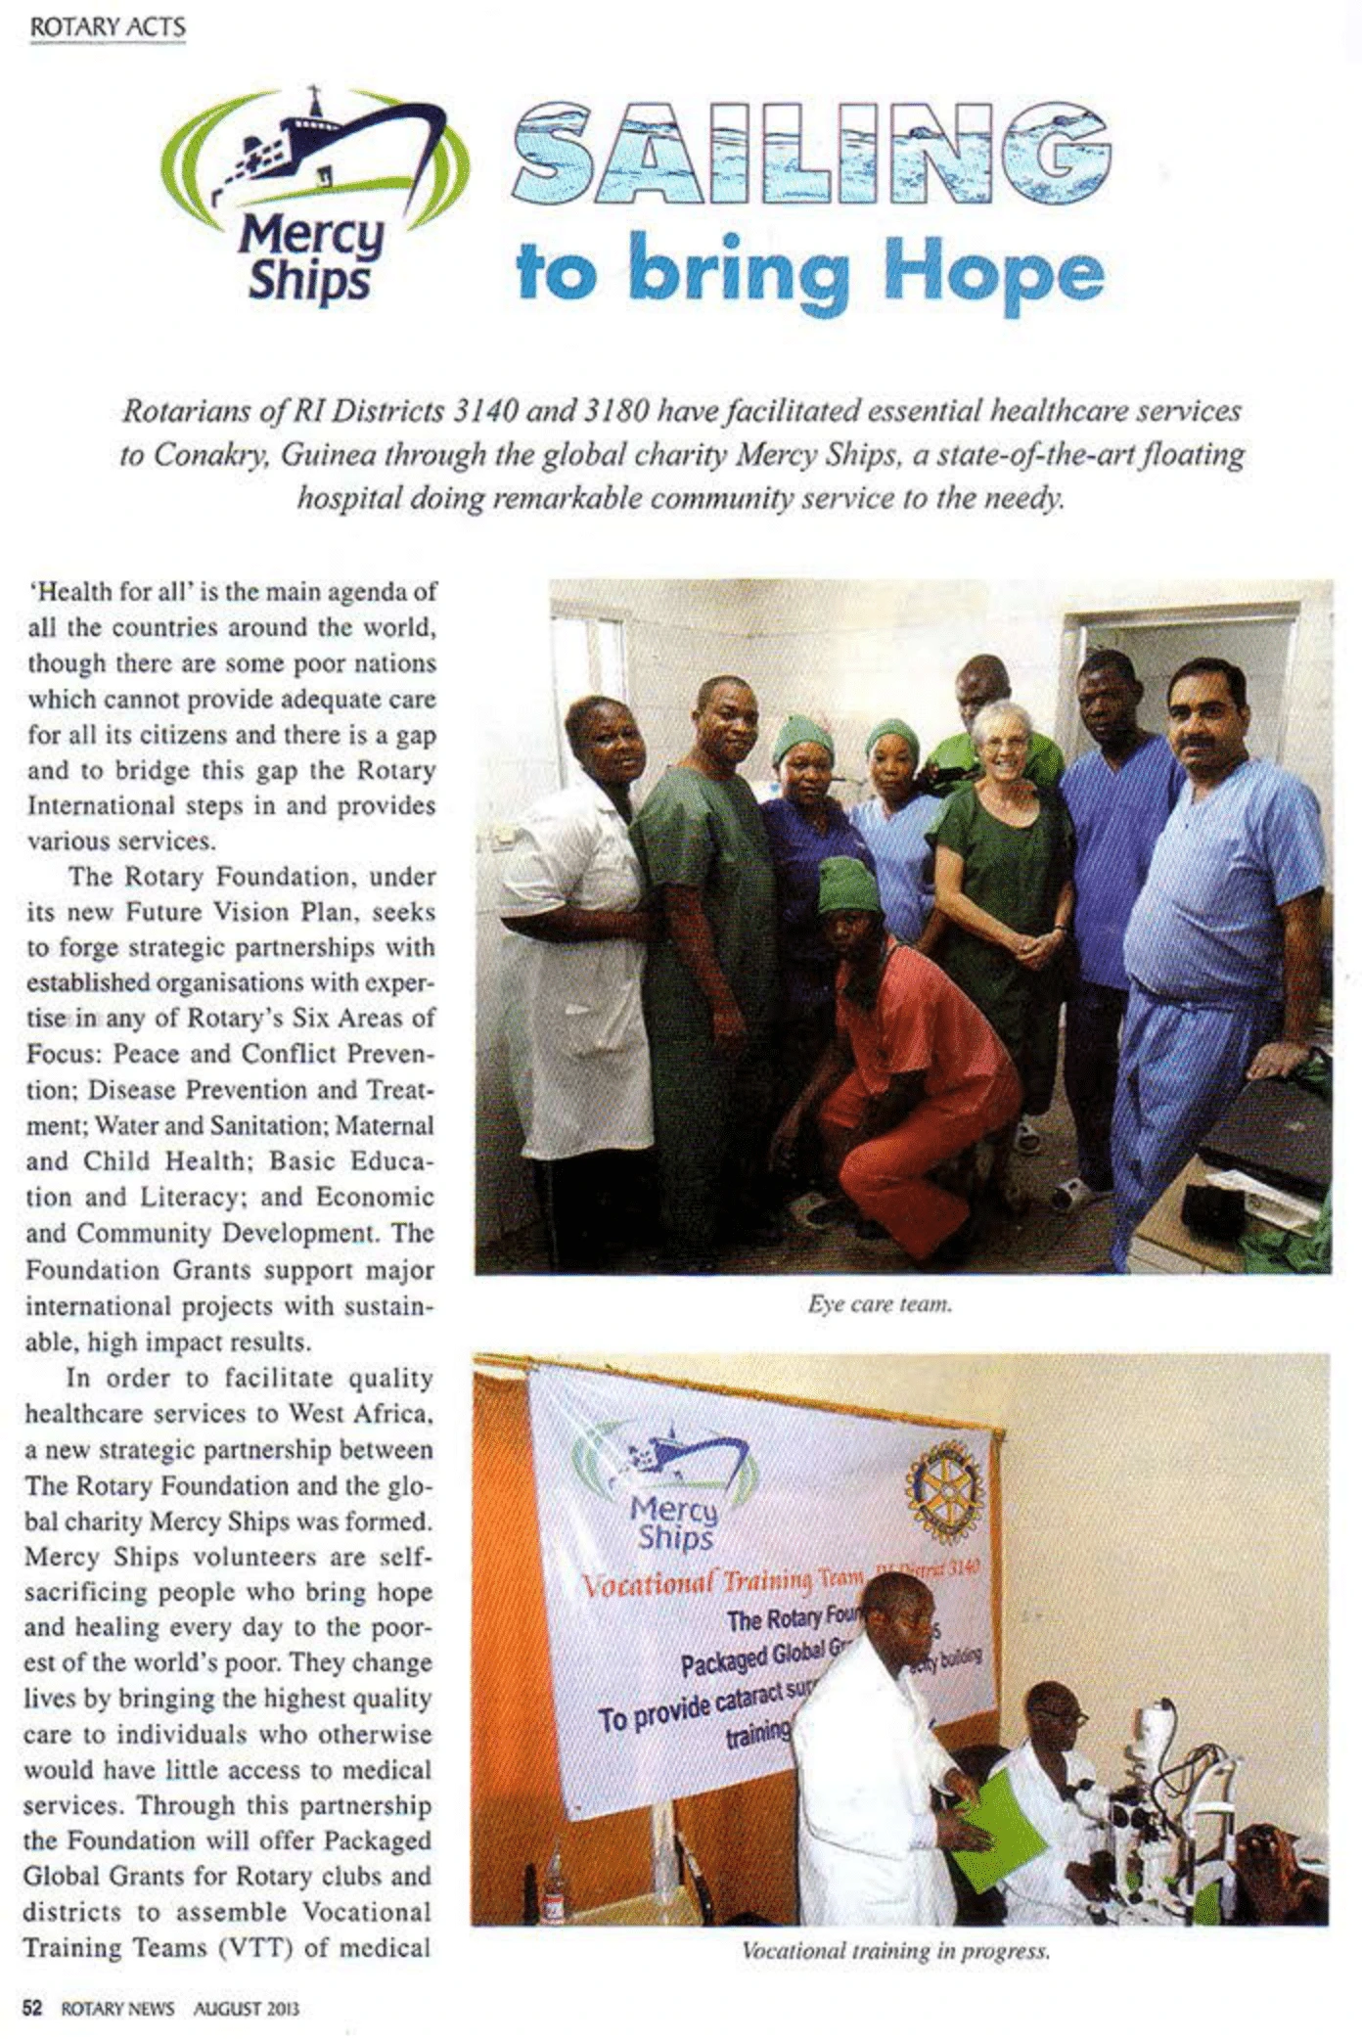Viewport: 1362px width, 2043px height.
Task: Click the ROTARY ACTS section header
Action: pos(108,27)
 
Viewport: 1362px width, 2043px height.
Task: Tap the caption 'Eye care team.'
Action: pos(881,1304)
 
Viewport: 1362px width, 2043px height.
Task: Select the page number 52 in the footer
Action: pos(33,2007)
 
